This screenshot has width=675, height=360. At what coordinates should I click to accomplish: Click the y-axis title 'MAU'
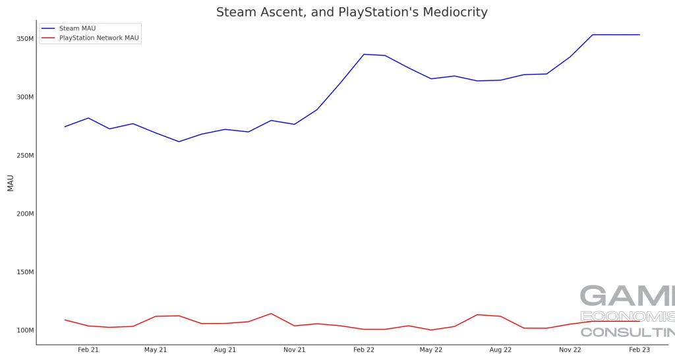(11, 183)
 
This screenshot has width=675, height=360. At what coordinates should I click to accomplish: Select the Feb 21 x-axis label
(88, 350)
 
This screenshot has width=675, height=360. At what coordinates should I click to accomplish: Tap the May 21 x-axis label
(156, 350)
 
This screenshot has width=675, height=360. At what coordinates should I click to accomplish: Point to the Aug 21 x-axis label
(225, 350)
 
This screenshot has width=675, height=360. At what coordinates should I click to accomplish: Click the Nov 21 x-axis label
(295, 350)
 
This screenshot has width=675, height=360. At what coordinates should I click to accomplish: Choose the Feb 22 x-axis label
(364, 350)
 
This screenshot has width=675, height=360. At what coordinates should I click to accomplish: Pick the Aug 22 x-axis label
(500, 350)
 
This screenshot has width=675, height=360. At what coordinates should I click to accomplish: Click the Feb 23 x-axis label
(639, 350)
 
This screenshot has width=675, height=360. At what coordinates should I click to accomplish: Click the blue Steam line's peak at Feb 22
(364, 54)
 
